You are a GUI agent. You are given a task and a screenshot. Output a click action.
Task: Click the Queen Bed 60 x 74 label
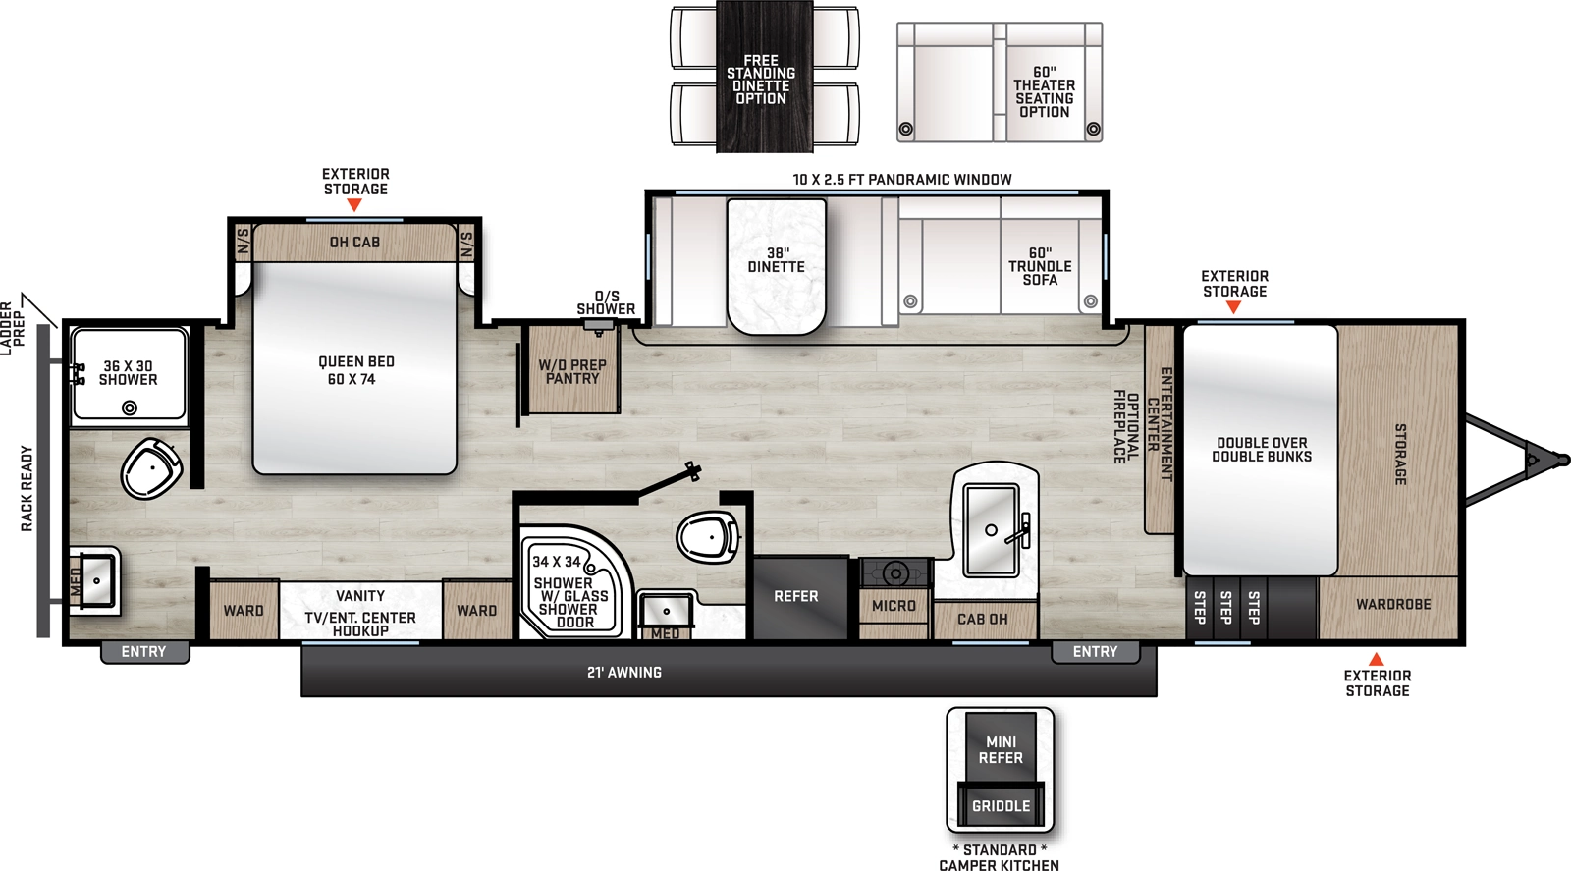(x=355, y=370)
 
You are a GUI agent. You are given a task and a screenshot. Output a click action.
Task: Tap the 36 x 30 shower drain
(x=129, y=408)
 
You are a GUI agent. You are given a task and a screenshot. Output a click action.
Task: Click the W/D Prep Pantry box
(x=572, y=372)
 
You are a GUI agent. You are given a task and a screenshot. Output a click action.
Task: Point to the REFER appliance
(x=796, y=597)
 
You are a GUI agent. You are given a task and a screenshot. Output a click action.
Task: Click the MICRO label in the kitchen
(x=894, y=607)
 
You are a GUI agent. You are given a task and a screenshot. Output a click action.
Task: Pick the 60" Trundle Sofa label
(x=1040, y=267)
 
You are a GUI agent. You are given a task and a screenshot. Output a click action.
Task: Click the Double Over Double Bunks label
(x=1261, y=450)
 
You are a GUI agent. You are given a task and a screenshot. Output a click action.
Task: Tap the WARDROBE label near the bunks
(x=1392, y=605)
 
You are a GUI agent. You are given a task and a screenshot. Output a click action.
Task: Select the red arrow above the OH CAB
(x=354, y=205)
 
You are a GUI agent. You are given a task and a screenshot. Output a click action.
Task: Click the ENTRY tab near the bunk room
(x=1095, y=652)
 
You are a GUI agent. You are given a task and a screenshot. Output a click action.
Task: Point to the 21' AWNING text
(x=624, y=673)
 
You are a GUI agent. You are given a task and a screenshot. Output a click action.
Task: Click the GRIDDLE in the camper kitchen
(x=1001, y=806)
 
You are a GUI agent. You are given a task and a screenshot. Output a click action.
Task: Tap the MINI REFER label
(x=1001, y=750)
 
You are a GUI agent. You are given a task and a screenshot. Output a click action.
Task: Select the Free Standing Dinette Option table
(x=764, y=79)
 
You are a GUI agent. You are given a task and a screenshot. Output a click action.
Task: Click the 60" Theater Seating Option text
(x=1044, y=92)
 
